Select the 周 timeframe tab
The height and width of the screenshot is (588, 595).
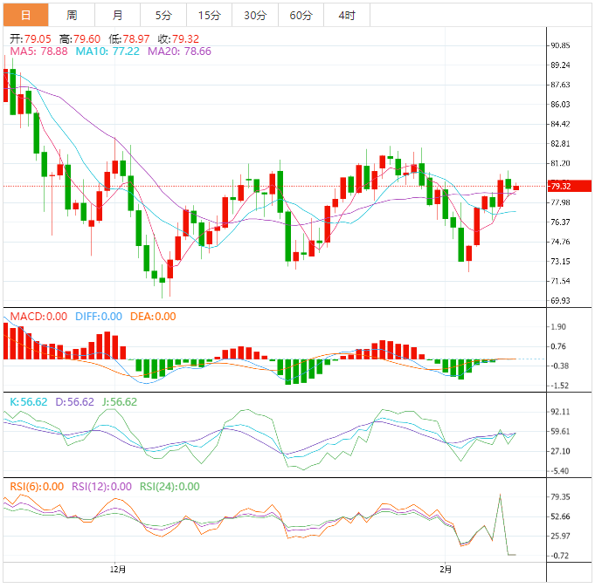72,15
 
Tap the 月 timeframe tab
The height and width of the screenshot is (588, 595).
118,15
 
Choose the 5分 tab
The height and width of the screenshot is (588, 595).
163,15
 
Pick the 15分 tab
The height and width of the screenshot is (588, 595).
209,15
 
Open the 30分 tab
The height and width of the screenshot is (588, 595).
255,15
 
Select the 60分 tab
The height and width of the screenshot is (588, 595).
301,15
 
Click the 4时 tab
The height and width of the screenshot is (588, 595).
346,15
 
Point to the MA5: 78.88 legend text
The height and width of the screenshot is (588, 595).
38,51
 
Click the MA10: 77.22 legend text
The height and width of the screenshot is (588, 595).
107,51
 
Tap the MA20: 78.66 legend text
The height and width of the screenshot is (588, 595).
179,51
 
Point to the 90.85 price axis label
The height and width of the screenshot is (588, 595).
560,45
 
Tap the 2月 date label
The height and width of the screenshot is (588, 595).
446,570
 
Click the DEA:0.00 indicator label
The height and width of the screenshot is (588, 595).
153,317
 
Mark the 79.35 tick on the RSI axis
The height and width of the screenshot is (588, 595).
560,497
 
